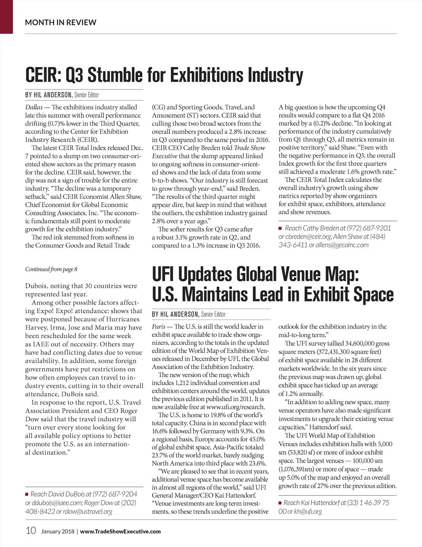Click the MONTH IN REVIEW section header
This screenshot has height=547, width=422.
[60, 22]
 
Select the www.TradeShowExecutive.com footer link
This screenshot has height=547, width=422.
[120, 531]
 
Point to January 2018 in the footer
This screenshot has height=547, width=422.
[58, 531]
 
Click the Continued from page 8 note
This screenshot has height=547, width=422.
[51, 269]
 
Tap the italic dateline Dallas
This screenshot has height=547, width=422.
[34, 107]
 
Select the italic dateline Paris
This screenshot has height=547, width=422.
[159, 327]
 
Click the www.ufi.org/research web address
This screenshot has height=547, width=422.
[236, 407]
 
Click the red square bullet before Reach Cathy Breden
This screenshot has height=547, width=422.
[280, 228]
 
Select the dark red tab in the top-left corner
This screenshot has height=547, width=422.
[6, 17]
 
